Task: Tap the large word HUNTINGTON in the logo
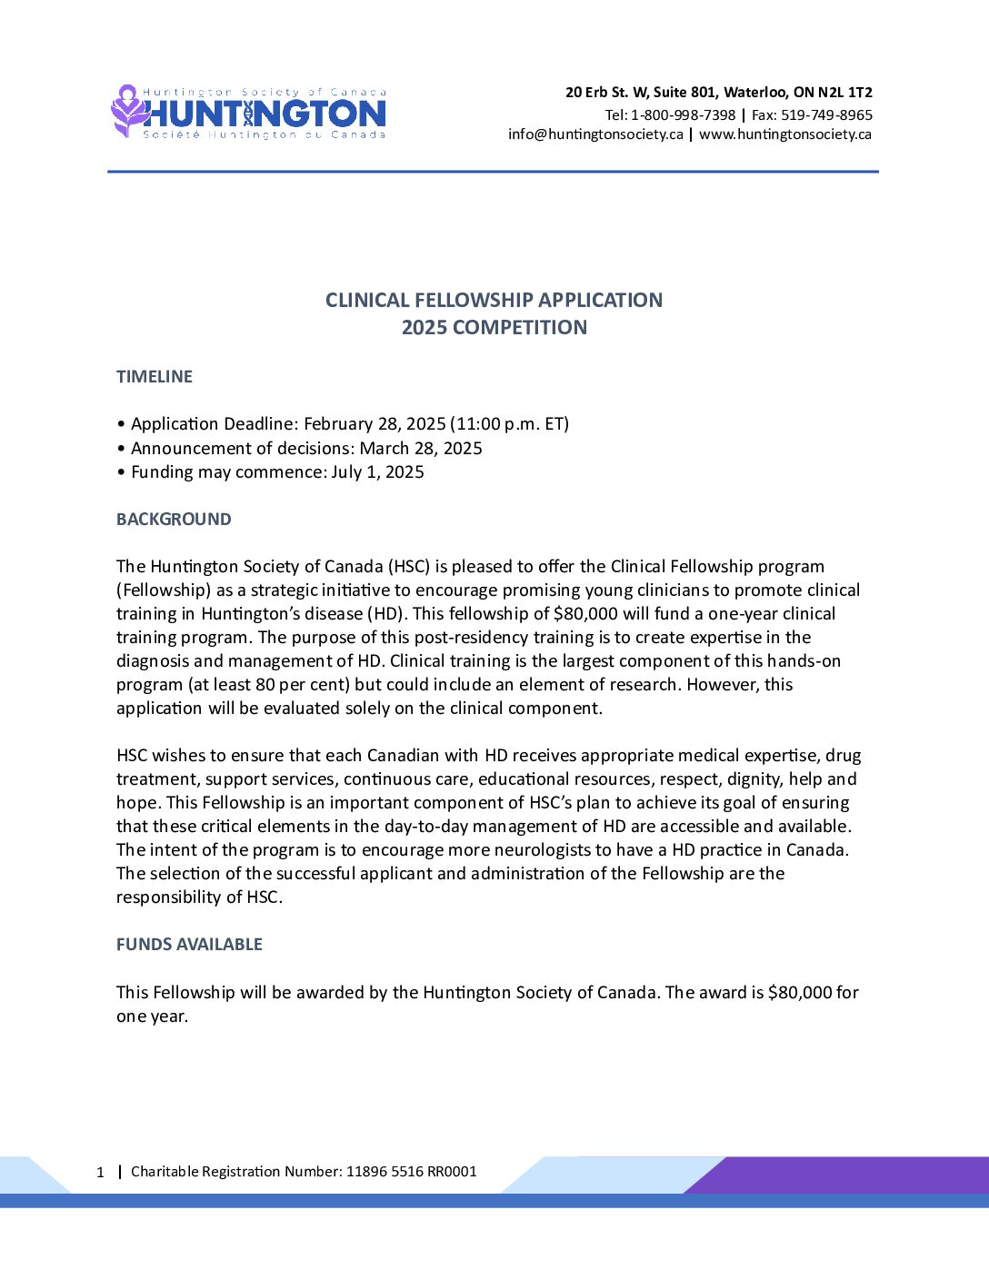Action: coord(265,114)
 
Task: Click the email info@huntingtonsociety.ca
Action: coord(595,134)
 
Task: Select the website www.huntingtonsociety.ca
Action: coord(785,134)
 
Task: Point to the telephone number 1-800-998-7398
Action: coord(683,115)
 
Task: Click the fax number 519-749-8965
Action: coord(826,115)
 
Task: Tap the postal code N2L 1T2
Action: coord(845,93)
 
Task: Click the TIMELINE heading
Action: coord(155,377)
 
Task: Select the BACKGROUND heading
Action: coord(174,520)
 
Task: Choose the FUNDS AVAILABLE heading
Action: coord(189,945)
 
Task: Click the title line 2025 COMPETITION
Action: coord(494,328)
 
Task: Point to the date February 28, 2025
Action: coord(375,424)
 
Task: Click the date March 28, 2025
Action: coord(421,449)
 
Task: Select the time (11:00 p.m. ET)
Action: coord(510,424)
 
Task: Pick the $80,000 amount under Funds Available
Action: coord(800,993)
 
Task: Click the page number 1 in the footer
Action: coord(101,1173)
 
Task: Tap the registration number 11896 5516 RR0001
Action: coord(411,1172)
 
